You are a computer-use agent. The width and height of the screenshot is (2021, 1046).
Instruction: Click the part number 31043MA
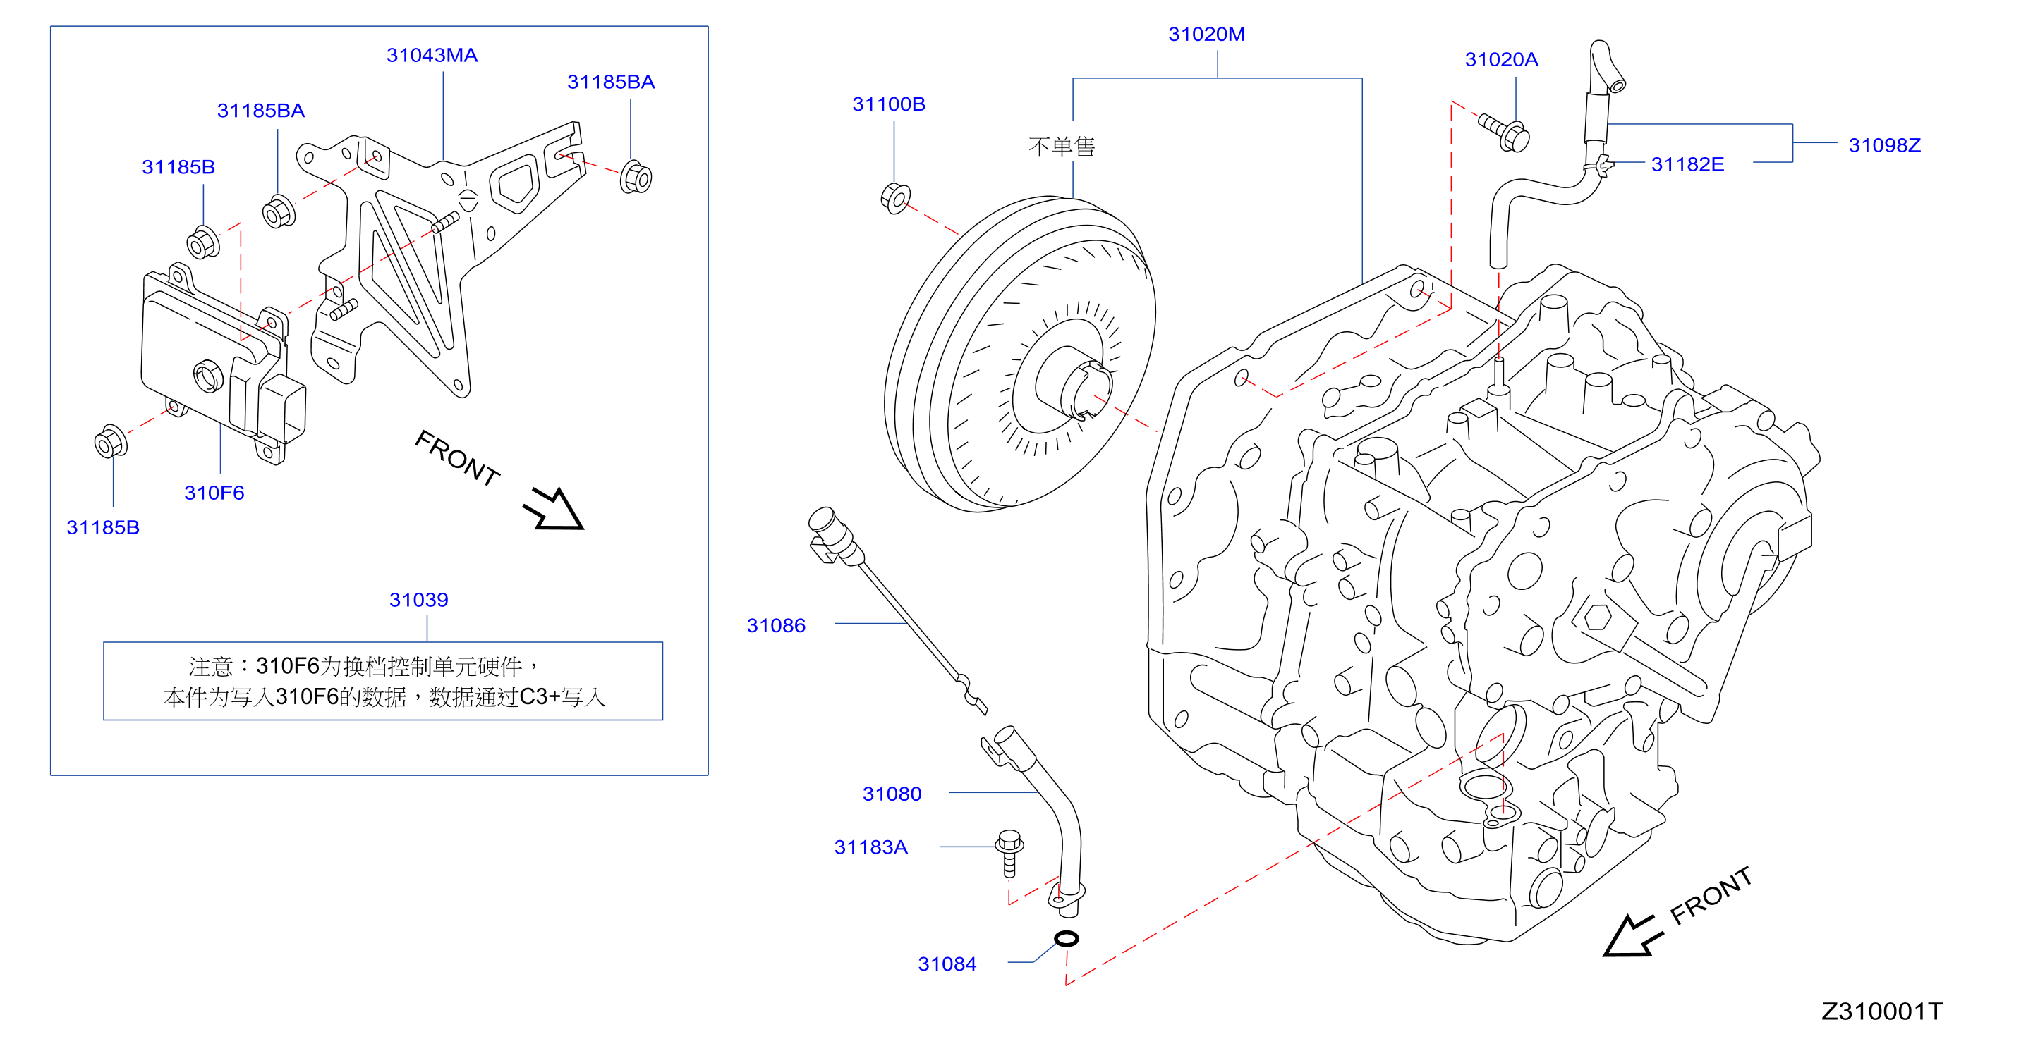[432, 55]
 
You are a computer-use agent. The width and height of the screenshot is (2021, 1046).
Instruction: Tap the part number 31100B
[888, 104]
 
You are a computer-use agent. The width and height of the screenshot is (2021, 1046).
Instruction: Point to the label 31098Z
[1883, 145]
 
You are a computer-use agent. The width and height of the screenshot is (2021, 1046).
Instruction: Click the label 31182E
[1687, 164]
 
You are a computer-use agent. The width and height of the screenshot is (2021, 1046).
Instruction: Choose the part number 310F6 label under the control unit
[214, 493]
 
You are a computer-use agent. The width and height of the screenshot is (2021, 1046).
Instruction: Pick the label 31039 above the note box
[418, 600]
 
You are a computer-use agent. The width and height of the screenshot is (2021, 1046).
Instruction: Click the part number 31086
[776, 625]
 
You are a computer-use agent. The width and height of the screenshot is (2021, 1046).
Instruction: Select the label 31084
[947, 964]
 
